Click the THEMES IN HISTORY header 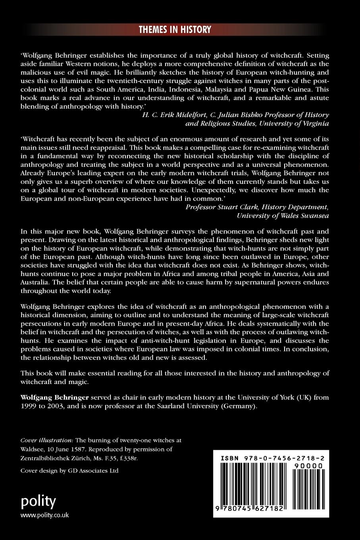[180, 30]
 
